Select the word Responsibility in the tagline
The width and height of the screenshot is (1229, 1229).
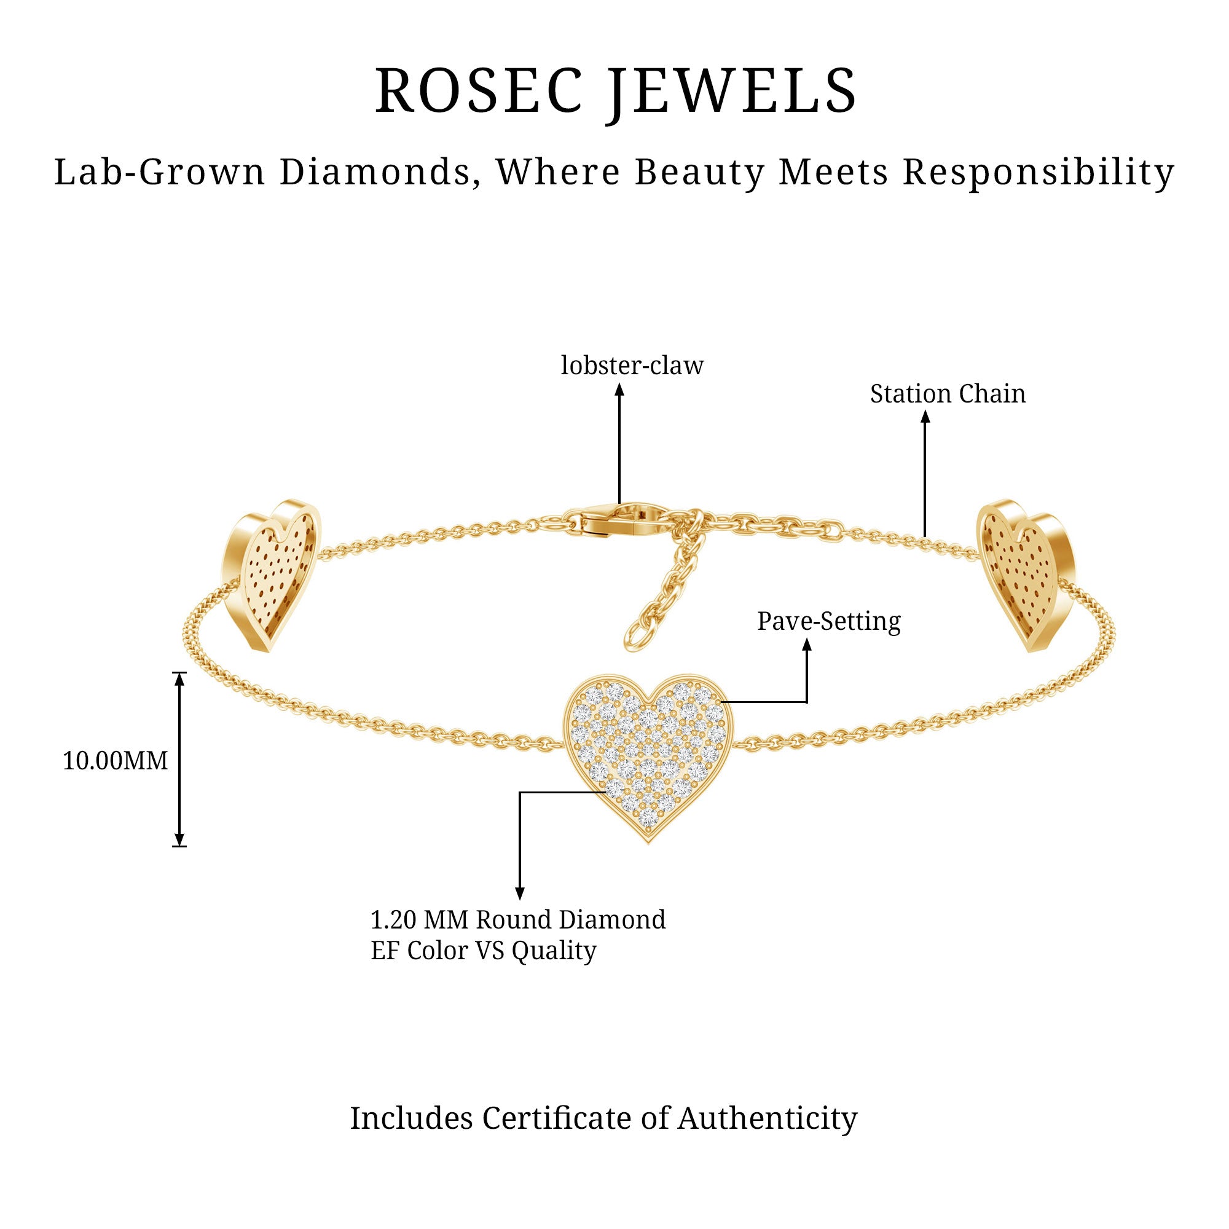pyautogui.click(x=1038, y=173)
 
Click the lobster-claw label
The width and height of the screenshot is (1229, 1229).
pyautogui.click(x=632, y=366)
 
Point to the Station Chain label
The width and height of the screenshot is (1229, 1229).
pyautogui.click(x=947, y=395)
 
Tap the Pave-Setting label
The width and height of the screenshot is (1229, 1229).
pyautogui.click(x=828, y=621)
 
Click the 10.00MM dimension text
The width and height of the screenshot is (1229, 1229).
pyautogui.click(x=115, y=761)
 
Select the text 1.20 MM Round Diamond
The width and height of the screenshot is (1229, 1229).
pyautogui.click(x=518, y=920)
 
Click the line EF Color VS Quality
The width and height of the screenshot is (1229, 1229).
pyautogui.click(x=484, y=951)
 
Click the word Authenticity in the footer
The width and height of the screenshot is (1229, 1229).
pyautogui.click(x=767, y=1118)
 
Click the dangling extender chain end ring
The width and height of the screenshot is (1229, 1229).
pyautogui.click(x=635, y=636)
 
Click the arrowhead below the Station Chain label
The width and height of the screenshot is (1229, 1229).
pyautogui.click(x=925, y=417)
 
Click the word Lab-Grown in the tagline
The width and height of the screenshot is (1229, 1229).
pyautogui.click(x=159, y=173)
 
